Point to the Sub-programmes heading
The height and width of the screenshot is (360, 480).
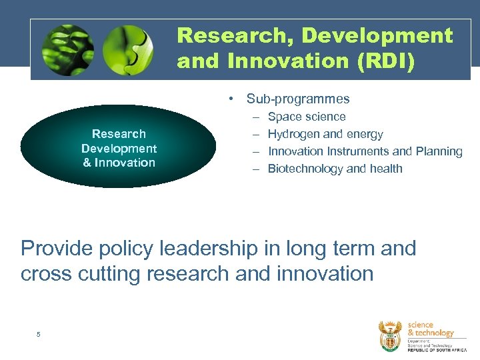point(297,99)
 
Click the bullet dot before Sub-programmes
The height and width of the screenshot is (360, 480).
point(229,99)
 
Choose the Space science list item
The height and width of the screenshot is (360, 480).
point(306,117)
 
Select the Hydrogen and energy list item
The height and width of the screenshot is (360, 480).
point(325,134)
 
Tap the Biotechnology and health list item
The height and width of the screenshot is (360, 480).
point(335,169)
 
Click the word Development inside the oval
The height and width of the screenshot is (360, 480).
point(119,148)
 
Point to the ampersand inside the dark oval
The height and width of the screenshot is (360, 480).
point(87,163)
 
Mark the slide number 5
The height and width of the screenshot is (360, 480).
point(39,334)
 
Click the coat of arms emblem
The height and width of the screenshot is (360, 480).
point(391,335)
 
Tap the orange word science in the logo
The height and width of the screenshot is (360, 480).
point(420,325)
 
